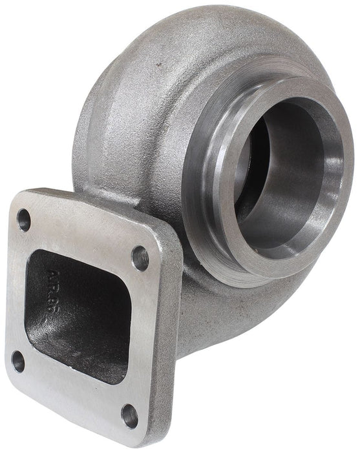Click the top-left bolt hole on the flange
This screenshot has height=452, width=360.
24,220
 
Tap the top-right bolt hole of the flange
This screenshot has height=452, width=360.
140,258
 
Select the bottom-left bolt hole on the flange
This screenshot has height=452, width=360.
18,362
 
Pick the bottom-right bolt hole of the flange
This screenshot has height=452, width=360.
130,415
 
